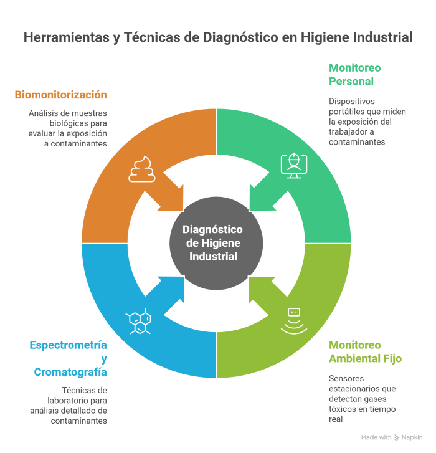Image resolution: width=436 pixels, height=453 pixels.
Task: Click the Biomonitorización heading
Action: pos(60,95)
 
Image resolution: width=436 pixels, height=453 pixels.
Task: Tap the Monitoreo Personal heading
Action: pos(355,75)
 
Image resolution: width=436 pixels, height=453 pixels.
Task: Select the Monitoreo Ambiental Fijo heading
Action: pos(365,351)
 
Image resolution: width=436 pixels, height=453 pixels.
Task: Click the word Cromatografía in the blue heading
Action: pos(70,372)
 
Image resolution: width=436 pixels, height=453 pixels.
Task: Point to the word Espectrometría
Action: pos(68,345)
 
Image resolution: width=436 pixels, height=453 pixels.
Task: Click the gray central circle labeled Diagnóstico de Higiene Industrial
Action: pos(216,243)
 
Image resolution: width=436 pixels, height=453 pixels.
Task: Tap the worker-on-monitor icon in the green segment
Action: pos(294,166)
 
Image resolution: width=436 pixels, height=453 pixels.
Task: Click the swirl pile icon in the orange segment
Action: pos(142,169)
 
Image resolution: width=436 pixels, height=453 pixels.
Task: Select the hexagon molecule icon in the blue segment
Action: pos(139,322)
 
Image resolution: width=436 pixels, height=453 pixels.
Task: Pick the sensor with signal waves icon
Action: pos(294,321)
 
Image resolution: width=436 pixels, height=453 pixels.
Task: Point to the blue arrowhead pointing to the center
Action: pos(171,289)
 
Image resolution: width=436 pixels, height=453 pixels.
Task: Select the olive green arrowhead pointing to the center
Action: pos(262,289)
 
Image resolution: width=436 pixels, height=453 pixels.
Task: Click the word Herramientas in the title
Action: pos(67,37)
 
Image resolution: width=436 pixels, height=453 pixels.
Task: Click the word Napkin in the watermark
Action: pos(412,437)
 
